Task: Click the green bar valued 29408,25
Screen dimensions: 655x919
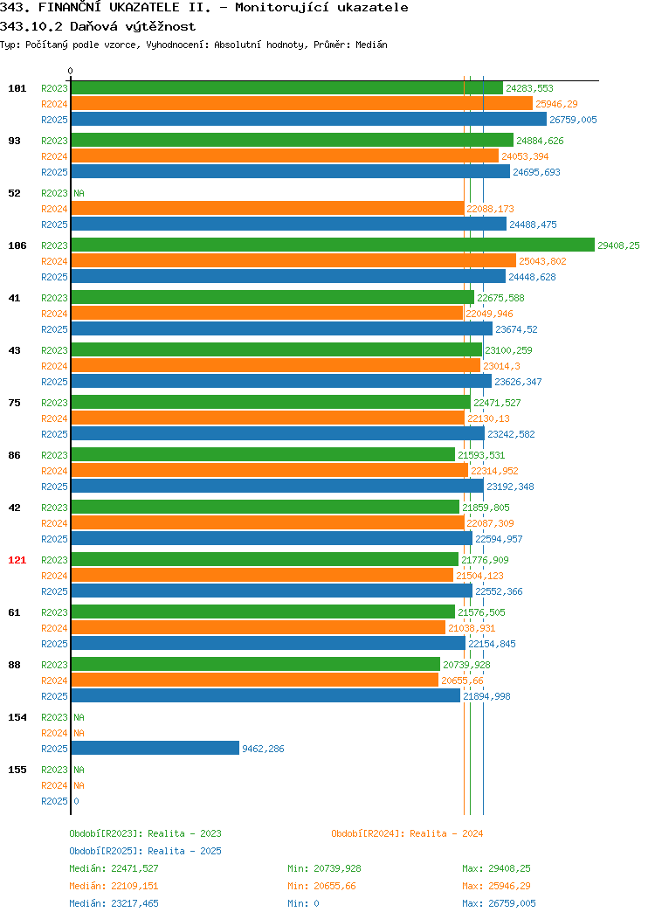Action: [333, 245]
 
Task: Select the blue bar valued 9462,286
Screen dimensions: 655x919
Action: [155, 748]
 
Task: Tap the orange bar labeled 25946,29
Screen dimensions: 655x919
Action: [301, 104]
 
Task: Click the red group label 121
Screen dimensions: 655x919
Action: [17, 560]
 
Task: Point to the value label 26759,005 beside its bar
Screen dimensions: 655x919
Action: [573, 120]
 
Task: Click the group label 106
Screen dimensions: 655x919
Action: [17, 245]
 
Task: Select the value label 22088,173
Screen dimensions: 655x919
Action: [490, 209]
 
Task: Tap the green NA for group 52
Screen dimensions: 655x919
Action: [79, 193]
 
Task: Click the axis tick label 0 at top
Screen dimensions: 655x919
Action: [71, 71]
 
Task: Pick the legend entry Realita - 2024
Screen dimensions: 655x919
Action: [407, 833]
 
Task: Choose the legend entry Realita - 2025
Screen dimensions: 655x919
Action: [145, 851]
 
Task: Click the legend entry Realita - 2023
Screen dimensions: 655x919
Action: [145, 833]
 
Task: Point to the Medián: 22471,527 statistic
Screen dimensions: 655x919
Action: [114, 868]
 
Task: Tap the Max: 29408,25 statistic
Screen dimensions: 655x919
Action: [496, 868]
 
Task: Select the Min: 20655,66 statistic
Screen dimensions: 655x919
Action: [321, 886]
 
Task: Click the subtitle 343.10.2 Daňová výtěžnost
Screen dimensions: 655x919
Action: [98, 26]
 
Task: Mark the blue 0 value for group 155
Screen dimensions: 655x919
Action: [76, 801]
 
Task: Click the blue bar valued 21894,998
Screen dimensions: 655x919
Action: [266, 695]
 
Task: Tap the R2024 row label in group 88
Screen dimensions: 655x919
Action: [54, 681]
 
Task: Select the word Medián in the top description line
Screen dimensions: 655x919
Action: [371, 45]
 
